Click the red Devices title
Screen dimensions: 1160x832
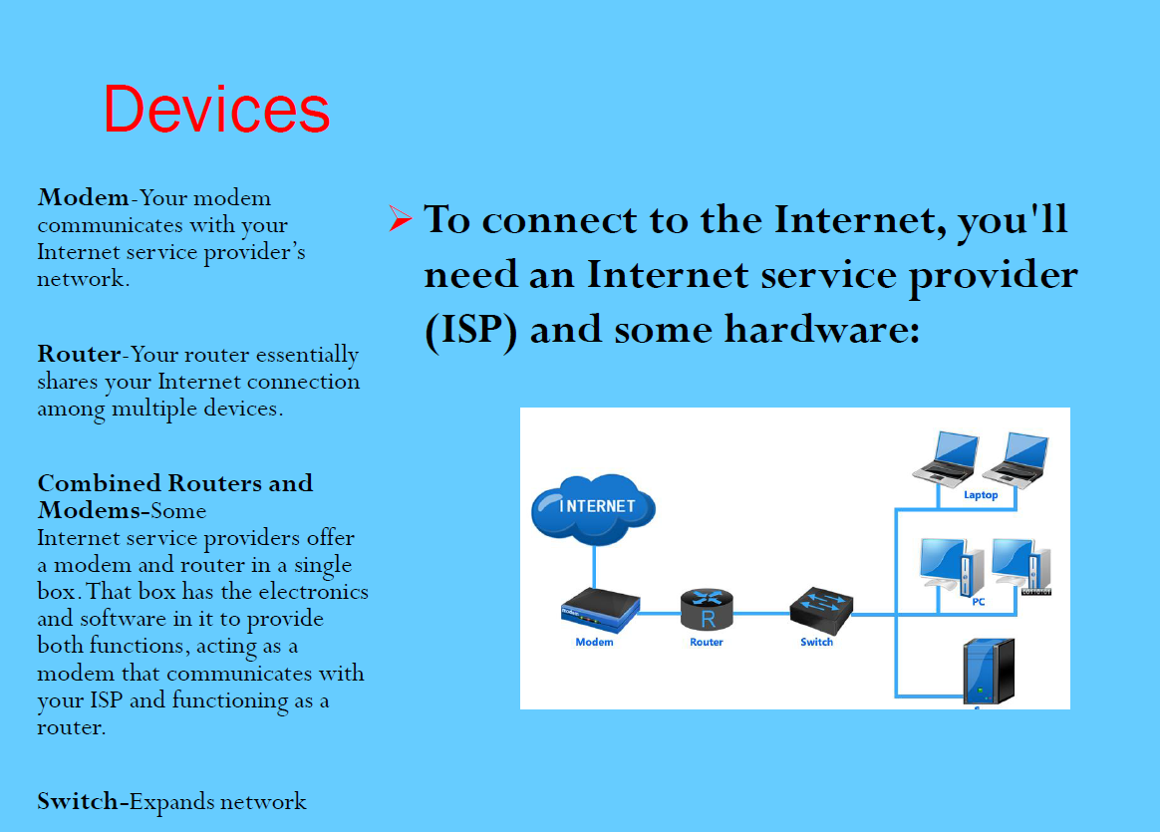click(216, 110)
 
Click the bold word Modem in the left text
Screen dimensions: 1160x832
click(84, 197)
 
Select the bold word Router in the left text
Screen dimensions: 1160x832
click(79, 354)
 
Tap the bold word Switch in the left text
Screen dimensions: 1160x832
click(78, 801)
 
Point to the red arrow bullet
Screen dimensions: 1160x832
click(400, 218)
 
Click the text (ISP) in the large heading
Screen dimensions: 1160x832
click(470, 329)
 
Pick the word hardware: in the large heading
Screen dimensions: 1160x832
click(822, 329)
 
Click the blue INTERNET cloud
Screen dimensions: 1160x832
click(593, 508)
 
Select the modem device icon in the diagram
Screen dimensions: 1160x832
click(600, 610)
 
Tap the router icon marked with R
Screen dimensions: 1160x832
click(707, 610)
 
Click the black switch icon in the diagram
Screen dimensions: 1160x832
click(821, 611)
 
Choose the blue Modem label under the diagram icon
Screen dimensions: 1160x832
click(594, 642)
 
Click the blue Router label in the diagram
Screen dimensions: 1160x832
click(707, 642)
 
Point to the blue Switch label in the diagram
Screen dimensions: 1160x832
click(817, 642)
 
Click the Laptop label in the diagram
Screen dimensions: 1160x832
click(981, 495)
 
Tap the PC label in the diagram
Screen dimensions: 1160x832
click(979, 601)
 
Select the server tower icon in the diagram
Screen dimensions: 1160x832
click(989, 671)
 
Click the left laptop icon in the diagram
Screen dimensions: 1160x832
click(946, 458)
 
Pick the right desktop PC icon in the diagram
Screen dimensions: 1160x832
click(1021, 567)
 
